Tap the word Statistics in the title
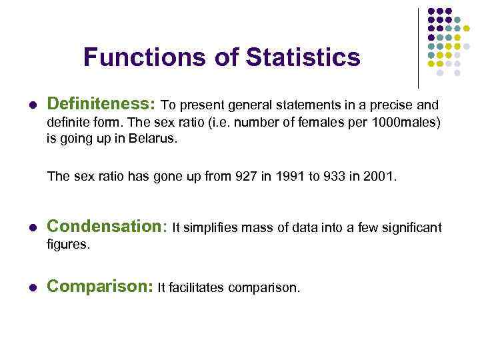pos(303,57)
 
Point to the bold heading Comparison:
pos(100,287)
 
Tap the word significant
pos(411,229)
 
